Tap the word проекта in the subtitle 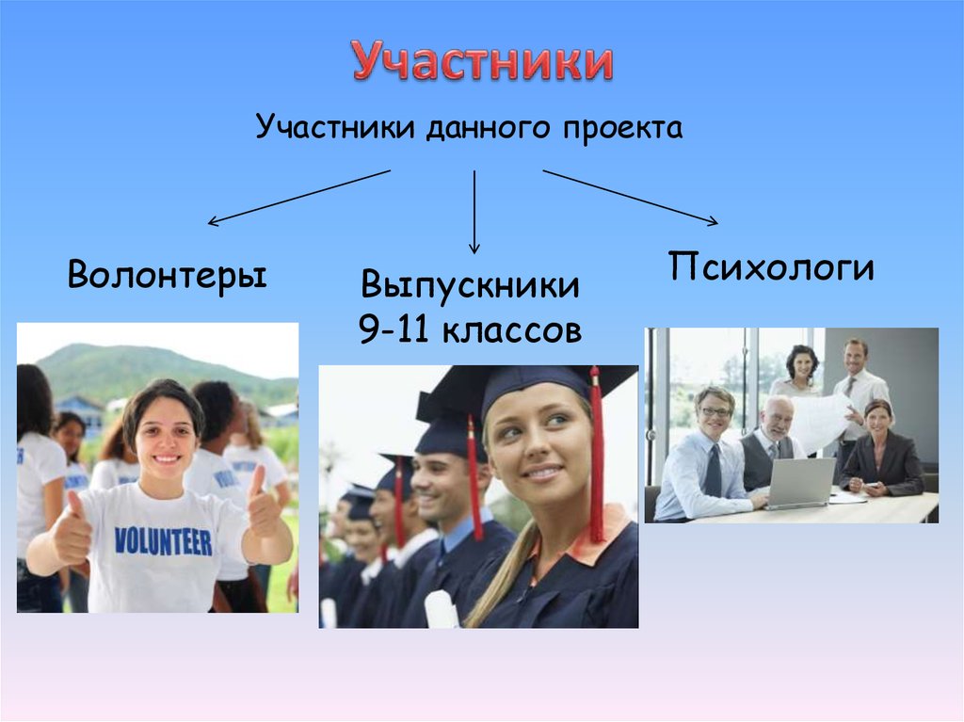tap(623, 127)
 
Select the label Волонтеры tap(167, 276)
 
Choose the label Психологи tap(772, 267)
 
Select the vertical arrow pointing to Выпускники tap(474, 211)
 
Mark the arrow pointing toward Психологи tap(630, 197)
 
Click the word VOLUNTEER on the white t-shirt tap(163, 541)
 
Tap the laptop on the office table tap(800, 483)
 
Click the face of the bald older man tap(778, 419)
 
